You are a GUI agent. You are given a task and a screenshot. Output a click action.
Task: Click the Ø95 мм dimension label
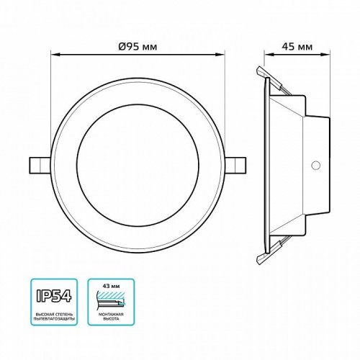tap(138, 46)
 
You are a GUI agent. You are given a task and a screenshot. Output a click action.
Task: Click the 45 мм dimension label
tap(297, 46)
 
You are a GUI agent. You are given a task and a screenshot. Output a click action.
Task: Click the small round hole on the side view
tap(315, 166)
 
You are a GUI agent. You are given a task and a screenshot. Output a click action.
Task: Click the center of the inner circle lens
tap(138, 163)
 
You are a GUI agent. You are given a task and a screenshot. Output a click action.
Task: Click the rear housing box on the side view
tap(317, 164)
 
